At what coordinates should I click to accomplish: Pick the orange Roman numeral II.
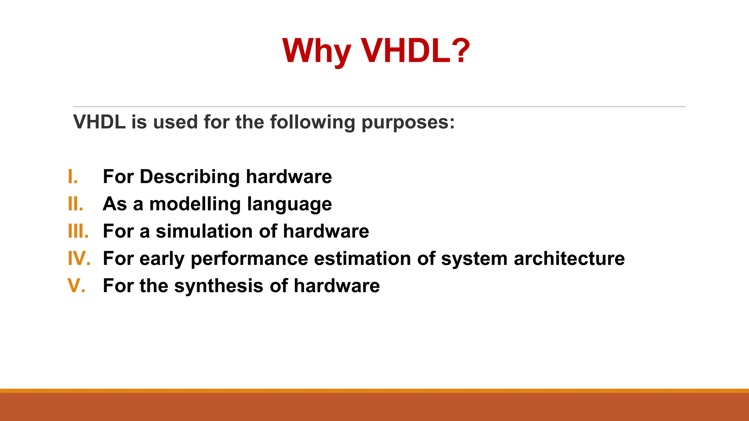pyautogui.click(x=75, y=204)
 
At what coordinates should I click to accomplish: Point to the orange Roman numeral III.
pyautogui.click(x=78, y=231)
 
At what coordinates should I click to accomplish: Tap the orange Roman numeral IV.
pyautogui.click(x=79, y=258)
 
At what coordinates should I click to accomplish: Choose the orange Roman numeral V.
pyautogui.click(x=76, y=285)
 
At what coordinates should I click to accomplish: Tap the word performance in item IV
pyautogui.click(x=249, y=259)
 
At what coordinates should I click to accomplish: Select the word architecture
pyautogui.click(x=569, y=258)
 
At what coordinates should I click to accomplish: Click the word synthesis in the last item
pyautogui.click(x=218, y=286)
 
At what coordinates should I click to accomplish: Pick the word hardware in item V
pyautogui.click(x=336, y=285)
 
